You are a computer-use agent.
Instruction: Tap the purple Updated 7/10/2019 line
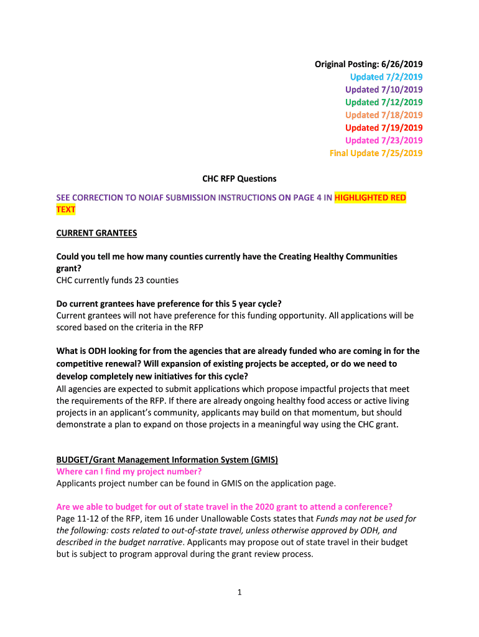click(384, 90)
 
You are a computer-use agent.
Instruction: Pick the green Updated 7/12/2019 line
click(384, 102)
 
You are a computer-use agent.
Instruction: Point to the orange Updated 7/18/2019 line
click(384, 115)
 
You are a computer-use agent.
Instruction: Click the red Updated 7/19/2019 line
click(384, 128)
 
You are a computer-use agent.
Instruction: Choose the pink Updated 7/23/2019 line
click(384, 141)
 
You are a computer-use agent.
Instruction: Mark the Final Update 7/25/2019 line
click(376, 153)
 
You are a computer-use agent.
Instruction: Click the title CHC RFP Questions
click(240, 179)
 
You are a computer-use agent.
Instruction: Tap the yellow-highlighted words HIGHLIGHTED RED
click(370, 198)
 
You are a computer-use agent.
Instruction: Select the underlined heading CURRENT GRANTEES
click(96, 233)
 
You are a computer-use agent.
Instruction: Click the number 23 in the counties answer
click(124, 280)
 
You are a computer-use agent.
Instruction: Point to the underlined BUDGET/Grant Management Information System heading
click(167, 460)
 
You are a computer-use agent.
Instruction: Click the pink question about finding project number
click(129, 471)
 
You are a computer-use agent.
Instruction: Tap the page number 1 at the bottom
click(240, 592)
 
